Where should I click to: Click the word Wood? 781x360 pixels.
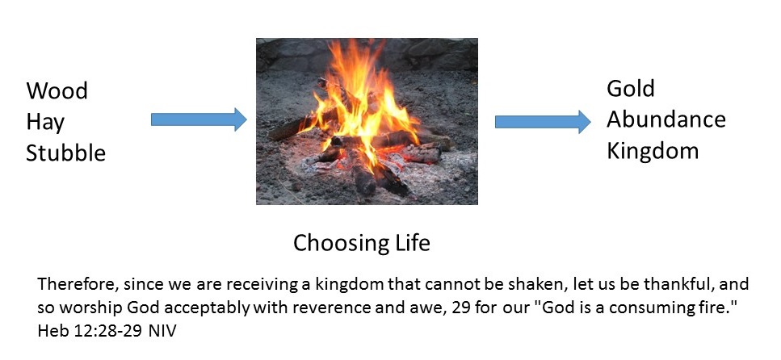57,91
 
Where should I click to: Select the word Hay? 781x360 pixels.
45,123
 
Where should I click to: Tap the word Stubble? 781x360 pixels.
65,153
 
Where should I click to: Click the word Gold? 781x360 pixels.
630,89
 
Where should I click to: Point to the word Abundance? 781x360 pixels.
666,119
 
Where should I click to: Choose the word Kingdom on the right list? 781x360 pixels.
653,150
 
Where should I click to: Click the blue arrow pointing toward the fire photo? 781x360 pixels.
199,119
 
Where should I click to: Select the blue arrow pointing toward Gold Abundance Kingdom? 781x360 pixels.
543,122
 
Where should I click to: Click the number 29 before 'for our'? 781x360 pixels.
462,308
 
